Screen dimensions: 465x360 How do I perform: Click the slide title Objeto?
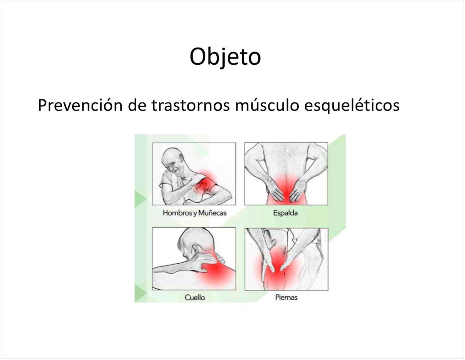(x=225, y=57)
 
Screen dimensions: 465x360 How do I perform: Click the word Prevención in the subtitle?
(x=80, y=105)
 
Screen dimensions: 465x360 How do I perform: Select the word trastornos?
(x=190, y=106)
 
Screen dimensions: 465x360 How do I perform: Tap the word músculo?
(x=267, y=105)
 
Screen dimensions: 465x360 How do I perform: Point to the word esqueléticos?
(x=352, y=106)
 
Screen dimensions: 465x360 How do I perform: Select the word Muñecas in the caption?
(x=212, y=213)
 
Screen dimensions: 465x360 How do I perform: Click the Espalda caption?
(x=285, y=213)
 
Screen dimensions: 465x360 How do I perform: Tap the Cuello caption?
(x=194, y=297)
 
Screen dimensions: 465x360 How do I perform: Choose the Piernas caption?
(x=286, y=297)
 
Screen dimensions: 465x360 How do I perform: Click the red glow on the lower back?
(x=286, y=190)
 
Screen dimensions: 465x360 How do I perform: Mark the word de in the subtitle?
(x=137, y=105)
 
